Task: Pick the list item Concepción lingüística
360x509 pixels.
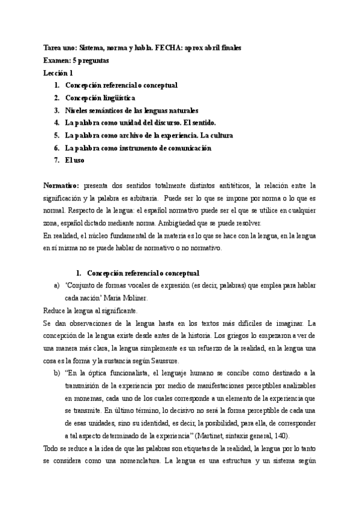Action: pyautogui.click(x=100, y=97)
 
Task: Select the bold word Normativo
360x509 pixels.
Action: pyautogui.click(x=61, y=185)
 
